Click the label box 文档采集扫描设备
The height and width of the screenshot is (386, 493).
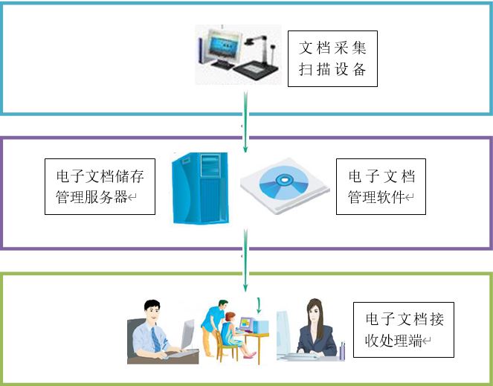(332, 59)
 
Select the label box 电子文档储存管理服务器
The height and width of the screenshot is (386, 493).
(100, 187)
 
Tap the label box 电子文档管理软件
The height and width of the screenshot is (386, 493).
(381, 187)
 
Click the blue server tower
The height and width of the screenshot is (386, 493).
(199, 187)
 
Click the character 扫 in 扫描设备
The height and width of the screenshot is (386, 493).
(306, 71)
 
